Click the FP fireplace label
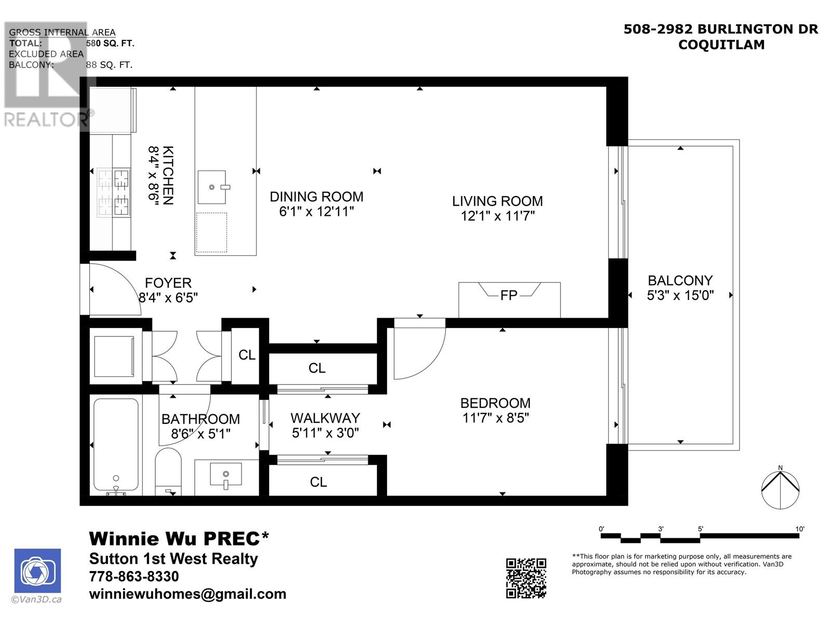click(508, 295)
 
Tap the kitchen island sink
click(212, 187)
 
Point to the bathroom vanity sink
click(225, 474)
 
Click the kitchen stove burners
click(114, 193)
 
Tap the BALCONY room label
click(680, 281)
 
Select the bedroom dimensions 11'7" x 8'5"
click(495, 418)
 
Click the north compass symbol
click(780, 489)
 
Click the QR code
click(526, 578)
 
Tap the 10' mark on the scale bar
click(799, 529)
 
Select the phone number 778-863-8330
click(134, 576)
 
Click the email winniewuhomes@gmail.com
click(187, 594)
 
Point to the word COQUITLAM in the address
click(721, 45)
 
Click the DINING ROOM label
click(316, 197)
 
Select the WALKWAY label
click(325, 418)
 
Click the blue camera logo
click(37, 570)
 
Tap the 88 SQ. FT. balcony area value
click(109, 65)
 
